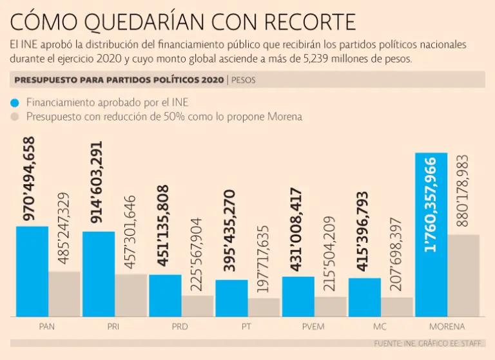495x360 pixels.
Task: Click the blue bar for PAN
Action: point(32,271)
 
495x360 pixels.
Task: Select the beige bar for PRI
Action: point(131,295)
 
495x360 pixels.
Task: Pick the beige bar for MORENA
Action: point(464,275)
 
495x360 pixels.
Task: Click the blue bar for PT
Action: point(231,298)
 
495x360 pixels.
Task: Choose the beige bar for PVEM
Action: point(331,306)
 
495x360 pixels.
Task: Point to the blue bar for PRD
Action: point(165,295)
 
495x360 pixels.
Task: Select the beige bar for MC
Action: point(397,307)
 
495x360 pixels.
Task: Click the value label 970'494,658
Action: point(30,179)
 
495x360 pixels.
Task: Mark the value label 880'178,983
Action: point(463,191)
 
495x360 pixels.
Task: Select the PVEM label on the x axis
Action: point(314,327)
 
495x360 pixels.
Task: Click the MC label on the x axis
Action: point(380,327)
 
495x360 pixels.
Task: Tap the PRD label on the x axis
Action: point(180,327)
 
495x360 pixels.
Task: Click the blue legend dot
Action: point(15,102)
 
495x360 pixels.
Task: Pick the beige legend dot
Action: point(15,117)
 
